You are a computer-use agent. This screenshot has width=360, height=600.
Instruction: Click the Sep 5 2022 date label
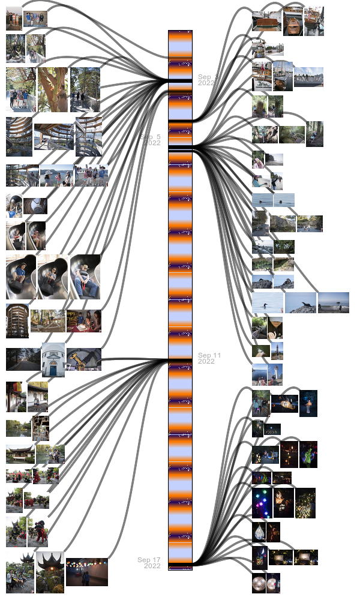151,140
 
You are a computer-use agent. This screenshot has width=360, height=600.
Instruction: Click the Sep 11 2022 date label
209,358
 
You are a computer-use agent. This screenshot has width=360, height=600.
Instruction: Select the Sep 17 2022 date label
149,563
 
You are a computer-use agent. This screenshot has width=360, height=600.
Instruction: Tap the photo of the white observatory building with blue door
53,359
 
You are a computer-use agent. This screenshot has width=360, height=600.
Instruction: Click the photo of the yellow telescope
84,359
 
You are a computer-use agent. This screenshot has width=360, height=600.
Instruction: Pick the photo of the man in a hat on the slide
85,277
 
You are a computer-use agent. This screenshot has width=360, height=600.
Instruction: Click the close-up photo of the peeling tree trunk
53,89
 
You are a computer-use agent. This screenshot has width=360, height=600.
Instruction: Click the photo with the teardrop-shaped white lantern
259,532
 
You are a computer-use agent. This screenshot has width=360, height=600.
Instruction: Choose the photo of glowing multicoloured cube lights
262,503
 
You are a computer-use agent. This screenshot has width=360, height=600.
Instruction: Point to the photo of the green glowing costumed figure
308,454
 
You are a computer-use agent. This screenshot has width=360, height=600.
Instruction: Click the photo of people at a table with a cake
84,321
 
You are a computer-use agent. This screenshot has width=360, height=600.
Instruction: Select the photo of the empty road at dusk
23,359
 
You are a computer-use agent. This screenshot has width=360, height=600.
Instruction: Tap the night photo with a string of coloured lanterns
87,572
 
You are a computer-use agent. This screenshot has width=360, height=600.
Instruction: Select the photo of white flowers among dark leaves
284,247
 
